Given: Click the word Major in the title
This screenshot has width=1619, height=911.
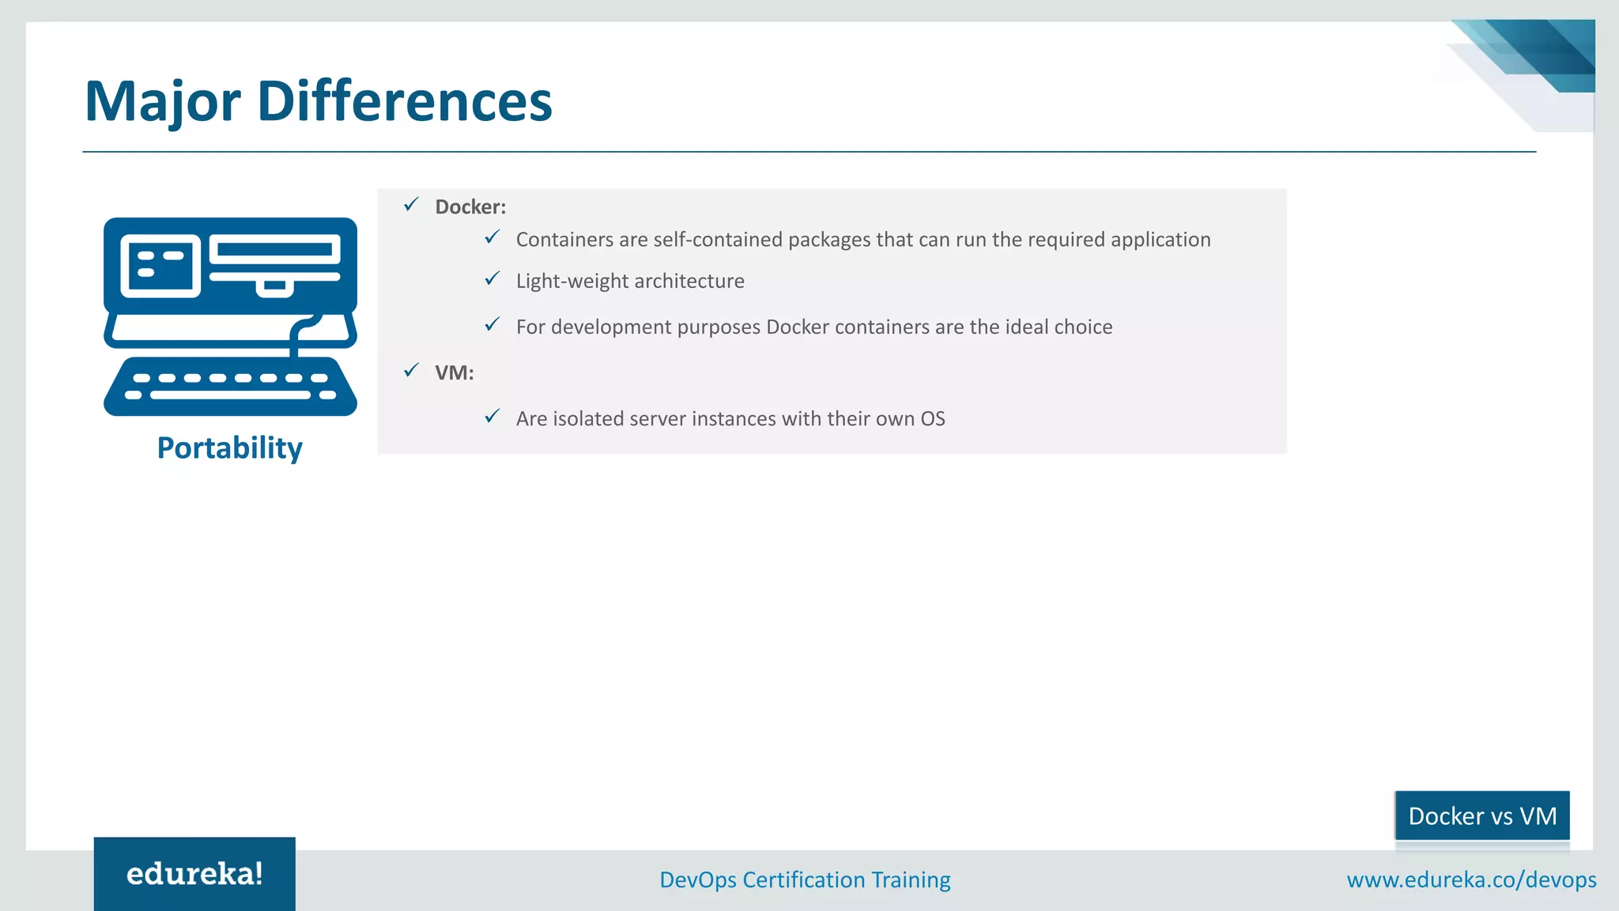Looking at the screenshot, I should click(x=162, y=103).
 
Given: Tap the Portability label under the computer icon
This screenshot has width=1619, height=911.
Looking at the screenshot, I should click(x=229, y=448).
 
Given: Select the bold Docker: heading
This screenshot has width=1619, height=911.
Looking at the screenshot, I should click(x=470, y=207).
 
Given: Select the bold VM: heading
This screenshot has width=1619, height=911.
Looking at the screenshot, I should click(x=454, y=372).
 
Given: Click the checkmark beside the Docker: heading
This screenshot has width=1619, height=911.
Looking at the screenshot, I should click(x=411, y=205).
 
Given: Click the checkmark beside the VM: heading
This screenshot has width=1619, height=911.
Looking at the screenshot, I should click(x=411, y=370).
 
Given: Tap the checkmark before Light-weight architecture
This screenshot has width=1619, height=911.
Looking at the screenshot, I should click(x=492, y=278).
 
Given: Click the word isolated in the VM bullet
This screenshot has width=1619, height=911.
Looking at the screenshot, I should click(x=587, y=419).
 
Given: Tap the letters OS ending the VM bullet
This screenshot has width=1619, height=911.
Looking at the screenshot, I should click(x=933, y=419).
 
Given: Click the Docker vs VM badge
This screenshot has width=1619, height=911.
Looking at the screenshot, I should click(x=1482, y=816).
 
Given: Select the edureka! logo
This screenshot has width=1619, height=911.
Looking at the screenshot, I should click(x=194, y=874).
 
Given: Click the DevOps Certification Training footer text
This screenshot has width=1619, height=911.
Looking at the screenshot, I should click(x=805, y=880).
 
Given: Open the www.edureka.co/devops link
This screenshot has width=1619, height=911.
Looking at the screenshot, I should click(x=1471, y=880).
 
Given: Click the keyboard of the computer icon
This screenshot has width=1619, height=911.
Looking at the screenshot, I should click(x=230, y=387).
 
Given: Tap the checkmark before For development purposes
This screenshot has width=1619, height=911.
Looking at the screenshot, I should click(x=492, y=324).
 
